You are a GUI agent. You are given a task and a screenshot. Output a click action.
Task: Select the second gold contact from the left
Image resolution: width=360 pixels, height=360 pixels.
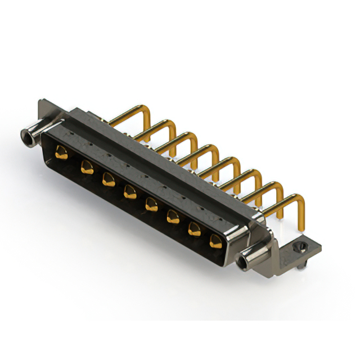tap(87, 166)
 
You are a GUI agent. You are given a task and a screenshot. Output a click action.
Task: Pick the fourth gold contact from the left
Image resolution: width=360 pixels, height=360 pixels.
tap(129, 191)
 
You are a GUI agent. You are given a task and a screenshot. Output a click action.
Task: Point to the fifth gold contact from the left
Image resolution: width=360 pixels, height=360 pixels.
tap(151, 203)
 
